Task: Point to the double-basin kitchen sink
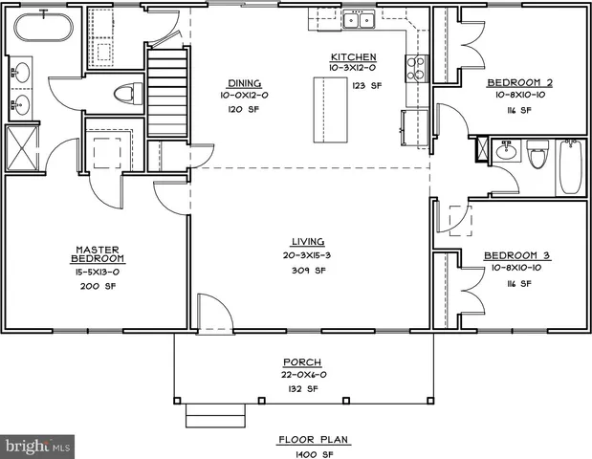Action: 362,20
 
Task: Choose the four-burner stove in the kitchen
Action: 416,67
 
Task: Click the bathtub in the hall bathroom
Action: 571,165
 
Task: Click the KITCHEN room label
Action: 353,57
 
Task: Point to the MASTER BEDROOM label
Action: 99,254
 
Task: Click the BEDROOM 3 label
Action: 516,255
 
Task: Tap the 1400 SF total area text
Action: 314,453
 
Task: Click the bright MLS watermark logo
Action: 38,446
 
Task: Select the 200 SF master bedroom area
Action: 99,286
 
